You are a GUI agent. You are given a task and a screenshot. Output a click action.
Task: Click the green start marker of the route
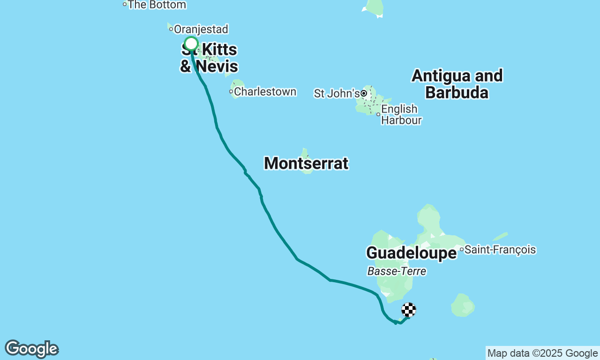point(191,44)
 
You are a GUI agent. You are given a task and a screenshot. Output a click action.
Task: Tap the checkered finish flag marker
point(409,310)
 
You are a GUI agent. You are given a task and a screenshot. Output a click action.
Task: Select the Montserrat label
point(306,163)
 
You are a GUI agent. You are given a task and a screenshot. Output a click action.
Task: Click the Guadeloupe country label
point(411,253)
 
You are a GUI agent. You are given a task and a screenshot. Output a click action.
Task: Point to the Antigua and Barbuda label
point(457,84)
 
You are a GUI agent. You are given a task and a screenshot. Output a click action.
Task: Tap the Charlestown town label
point(265,92)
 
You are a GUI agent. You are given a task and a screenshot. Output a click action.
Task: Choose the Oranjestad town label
point(201,29)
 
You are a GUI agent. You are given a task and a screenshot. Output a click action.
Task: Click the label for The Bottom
point(157,5)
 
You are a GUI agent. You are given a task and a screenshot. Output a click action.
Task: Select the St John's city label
point(337,94)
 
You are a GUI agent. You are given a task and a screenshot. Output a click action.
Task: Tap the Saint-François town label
point(500,249)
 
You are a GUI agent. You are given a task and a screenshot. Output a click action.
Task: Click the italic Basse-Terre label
point(397,271)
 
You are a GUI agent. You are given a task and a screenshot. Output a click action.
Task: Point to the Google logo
point(31,349)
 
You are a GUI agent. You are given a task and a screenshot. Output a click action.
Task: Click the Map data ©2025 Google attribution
point(542,353)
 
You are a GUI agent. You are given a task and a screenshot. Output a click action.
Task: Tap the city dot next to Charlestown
point(231,92)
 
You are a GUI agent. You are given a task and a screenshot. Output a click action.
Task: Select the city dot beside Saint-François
point(462,249)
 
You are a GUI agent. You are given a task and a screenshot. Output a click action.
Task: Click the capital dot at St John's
point(364,94)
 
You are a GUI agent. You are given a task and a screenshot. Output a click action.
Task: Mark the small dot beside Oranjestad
point(171,29)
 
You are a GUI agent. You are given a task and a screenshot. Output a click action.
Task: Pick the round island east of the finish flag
point(463,305)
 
